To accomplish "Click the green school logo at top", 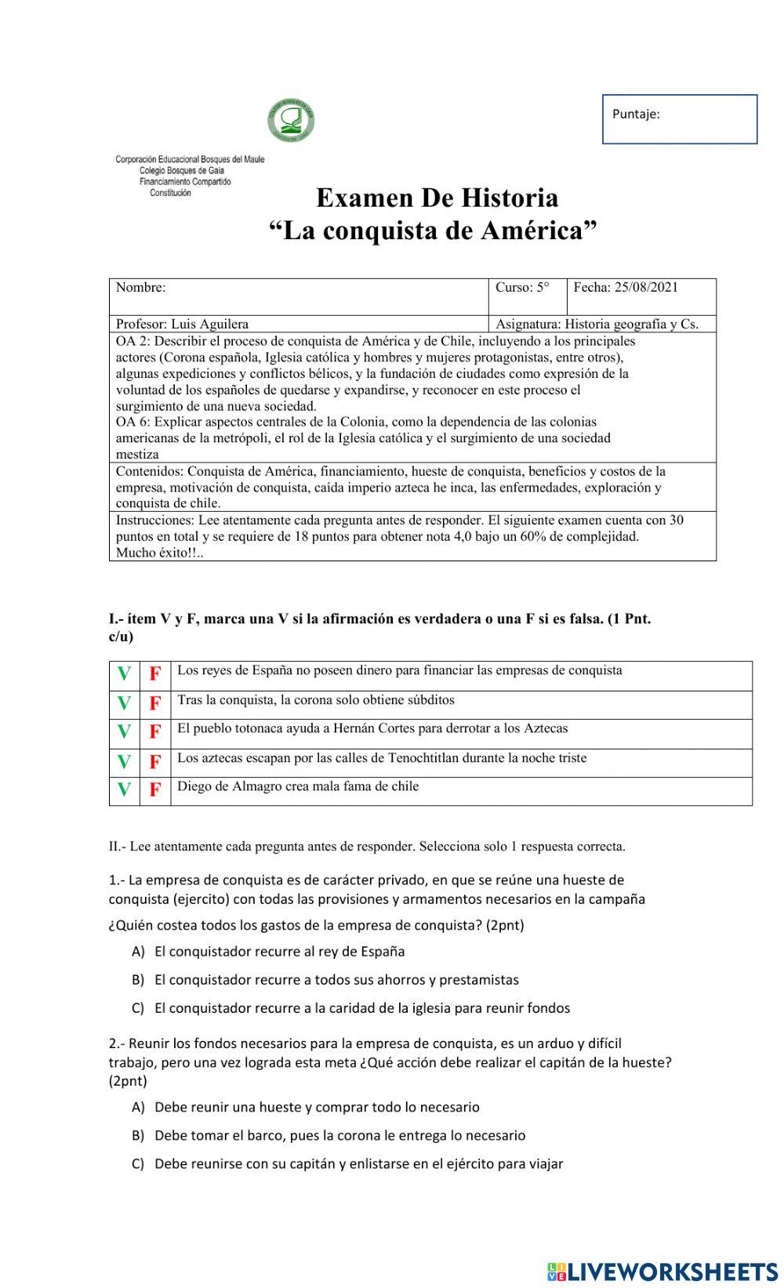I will pos(291,122).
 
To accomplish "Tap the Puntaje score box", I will pos(679,119).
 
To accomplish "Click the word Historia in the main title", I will pos(510,198).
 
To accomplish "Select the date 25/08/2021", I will pos(646,287).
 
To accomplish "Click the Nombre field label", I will pos(141,287).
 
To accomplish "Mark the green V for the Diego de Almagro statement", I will pos(124,790).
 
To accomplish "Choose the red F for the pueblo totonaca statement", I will pos(155,732).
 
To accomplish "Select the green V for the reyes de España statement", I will pos(124,674).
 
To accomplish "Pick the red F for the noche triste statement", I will pos(155,762).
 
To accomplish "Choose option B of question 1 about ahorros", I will pos(336,980).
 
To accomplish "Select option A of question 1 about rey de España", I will pos(279,952).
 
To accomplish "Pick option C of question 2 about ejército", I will pos(358,1164).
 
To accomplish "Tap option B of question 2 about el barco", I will pos(339,1136).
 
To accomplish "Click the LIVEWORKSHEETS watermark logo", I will pos(662,1272).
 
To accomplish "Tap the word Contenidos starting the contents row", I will pos(149,471).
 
